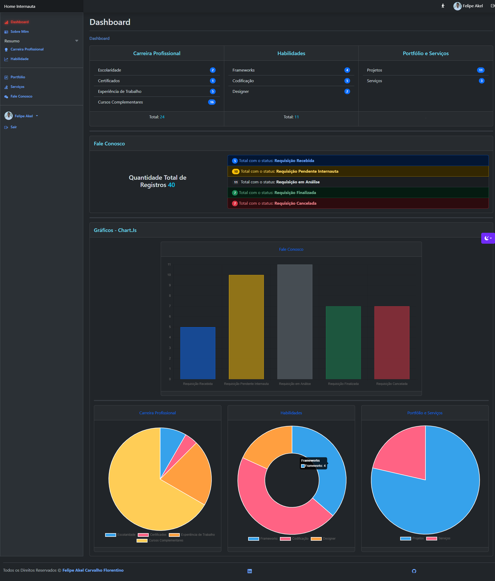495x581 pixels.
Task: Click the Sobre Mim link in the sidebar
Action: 19,32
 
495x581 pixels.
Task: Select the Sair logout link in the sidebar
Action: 14,127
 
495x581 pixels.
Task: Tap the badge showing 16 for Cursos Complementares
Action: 212,102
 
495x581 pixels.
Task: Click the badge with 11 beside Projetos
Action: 480,70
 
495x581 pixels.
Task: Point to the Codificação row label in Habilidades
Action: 243,81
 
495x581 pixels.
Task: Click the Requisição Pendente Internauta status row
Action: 358,171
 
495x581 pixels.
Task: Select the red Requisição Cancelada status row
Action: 358,203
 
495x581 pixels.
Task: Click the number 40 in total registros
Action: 171,185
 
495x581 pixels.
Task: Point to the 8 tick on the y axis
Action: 170,295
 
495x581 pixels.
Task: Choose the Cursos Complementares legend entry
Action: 165,540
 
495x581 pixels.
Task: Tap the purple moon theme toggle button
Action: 488,238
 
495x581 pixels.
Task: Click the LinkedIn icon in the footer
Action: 250,571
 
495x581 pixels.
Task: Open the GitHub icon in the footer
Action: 414,571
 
